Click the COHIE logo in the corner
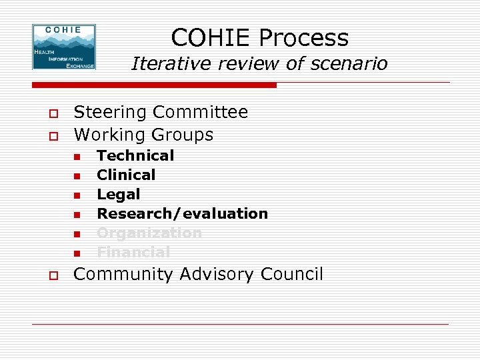pyautogui.click(x=64, y=47)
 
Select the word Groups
pyautogui.click(x=183, y=135)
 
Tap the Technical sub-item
pyautogui.click(x=135, y=155)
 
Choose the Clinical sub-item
pyautogui.click(x=126, y=175)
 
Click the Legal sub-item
pyautogui.click(x=119, y=194)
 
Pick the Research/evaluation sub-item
pyautogui.click(x=182, y=213)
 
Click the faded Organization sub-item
pyautogui.click(x=149, y=233)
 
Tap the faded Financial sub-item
pyautogui.click(x=133, y=252)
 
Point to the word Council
pyautogui.click(x=292, y=274)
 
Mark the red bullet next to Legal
pyautogui.click(x=77, y=195)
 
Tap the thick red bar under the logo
pyautogui.click(x=153, y=85)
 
